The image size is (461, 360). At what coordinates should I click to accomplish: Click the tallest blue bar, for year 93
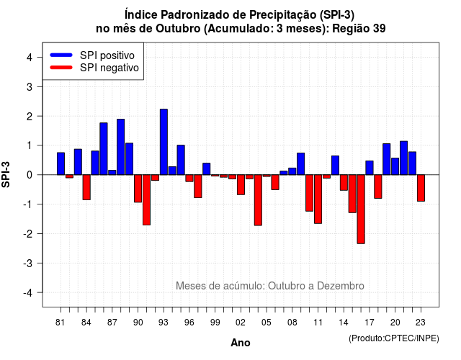click(x=164, y=142)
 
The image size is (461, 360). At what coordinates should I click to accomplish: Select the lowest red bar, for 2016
click(x=361, y=210)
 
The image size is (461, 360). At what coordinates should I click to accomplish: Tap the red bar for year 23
click(x=421, y=188)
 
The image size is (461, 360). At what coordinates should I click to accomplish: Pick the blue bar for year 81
click(x=61, y=163)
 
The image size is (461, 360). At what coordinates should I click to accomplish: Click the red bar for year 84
click(x=86, y=187)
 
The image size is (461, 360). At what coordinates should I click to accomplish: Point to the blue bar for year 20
click(x=395, y=166)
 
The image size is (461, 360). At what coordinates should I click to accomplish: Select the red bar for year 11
click(x=318, y=199)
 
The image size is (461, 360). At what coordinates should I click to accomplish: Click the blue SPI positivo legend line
click(x=61, y=55)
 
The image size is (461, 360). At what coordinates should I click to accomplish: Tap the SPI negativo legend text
click(x=109, y=68)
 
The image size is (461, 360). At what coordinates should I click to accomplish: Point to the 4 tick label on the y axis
click(x=30, y=58)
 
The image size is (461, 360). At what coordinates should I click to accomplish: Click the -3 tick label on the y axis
click(x=28, y=263)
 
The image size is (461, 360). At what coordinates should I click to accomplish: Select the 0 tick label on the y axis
click(x=30, y=175)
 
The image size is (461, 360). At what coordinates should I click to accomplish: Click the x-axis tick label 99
click(x=215, y=323)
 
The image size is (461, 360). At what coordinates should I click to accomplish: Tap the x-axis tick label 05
click(x=267, y=323)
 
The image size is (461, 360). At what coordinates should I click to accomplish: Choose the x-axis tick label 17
click(x=370, y=323)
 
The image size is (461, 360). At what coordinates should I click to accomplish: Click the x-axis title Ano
click(x=241, y=343)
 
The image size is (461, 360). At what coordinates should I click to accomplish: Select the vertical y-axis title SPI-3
click(x=6, y=174)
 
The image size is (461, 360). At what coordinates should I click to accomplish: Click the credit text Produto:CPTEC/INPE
click(x=394, y=338)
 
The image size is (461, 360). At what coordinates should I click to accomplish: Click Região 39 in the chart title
click(x=359, y=29)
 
